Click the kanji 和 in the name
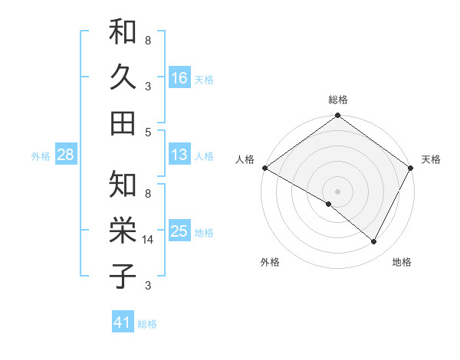pos(123,34)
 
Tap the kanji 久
pos(123,77)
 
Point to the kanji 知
pos(123,185)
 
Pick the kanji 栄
pos(123,230)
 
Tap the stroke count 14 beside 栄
pos(149,240)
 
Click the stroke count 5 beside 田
pos(147,132)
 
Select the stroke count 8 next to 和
pos(147,40)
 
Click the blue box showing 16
pos(179,78)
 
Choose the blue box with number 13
pos(179,155)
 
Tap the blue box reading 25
pos(179,231)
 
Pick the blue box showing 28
pos(66,155)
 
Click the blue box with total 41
pos(123,322)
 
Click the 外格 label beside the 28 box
pos(41,156)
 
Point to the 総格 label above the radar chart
pos(338,100)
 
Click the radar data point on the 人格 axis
pos(264,168)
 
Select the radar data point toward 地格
pos(374,242)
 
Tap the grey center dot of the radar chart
pos(338,191)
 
